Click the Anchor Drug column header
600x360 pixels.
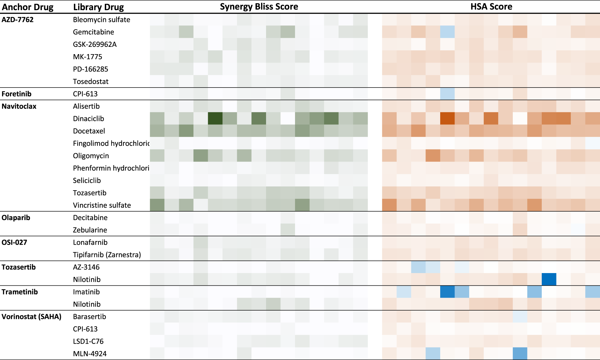coord(28,7)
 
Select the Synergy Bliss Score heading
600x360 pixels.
coord(259,6)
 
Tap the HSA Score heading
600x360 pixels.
coord(491,6)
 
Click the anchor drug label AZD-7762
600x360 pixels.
coord(18,20)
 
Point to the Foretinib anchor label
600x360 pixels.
coord(16,94)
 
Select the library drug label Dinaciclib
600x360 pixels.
coord(88,119)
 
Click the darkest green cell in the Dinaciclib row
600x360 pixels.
coord(215,119)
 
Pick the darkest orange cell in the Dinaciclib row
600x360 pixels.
coord(448,119)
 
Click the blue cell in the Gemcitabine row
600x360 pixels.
coord(448,32)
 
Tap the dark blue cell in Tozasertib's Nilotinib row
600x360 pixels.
coord(549,279)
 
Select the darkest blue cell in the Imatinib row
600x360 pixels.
coord(448,292)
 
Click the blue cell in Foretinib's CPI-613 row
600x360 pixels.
coord(448,94)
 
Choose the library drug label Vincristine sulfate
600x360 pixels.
coord(102,205)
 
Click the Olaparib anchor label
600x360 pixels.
coord(16,218)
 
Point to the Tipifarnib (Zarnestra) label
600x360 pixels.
coord(107,255)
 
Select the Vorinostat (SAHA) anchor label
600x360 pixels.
coord(31,317)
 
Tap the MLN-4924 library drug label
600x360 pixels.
coord(90,354)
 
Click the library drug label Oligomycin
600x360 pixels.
coord(91,156)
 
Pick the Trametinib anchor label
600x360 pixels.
coord(20,292)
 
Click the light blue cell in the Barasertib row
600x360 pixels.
coord(520,317)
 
